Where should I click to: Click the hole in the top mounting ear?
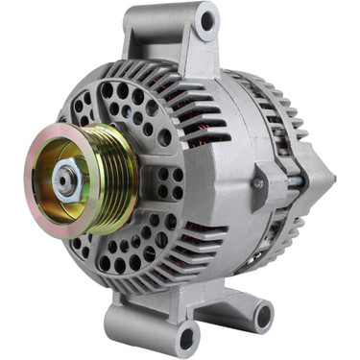click(205, 19)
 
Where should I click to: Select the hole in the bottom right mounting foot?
click(262, 312)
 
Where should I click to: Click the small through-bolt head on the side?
click(257, 180)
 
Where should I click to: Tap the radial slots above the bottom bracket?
click(178, 269)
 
